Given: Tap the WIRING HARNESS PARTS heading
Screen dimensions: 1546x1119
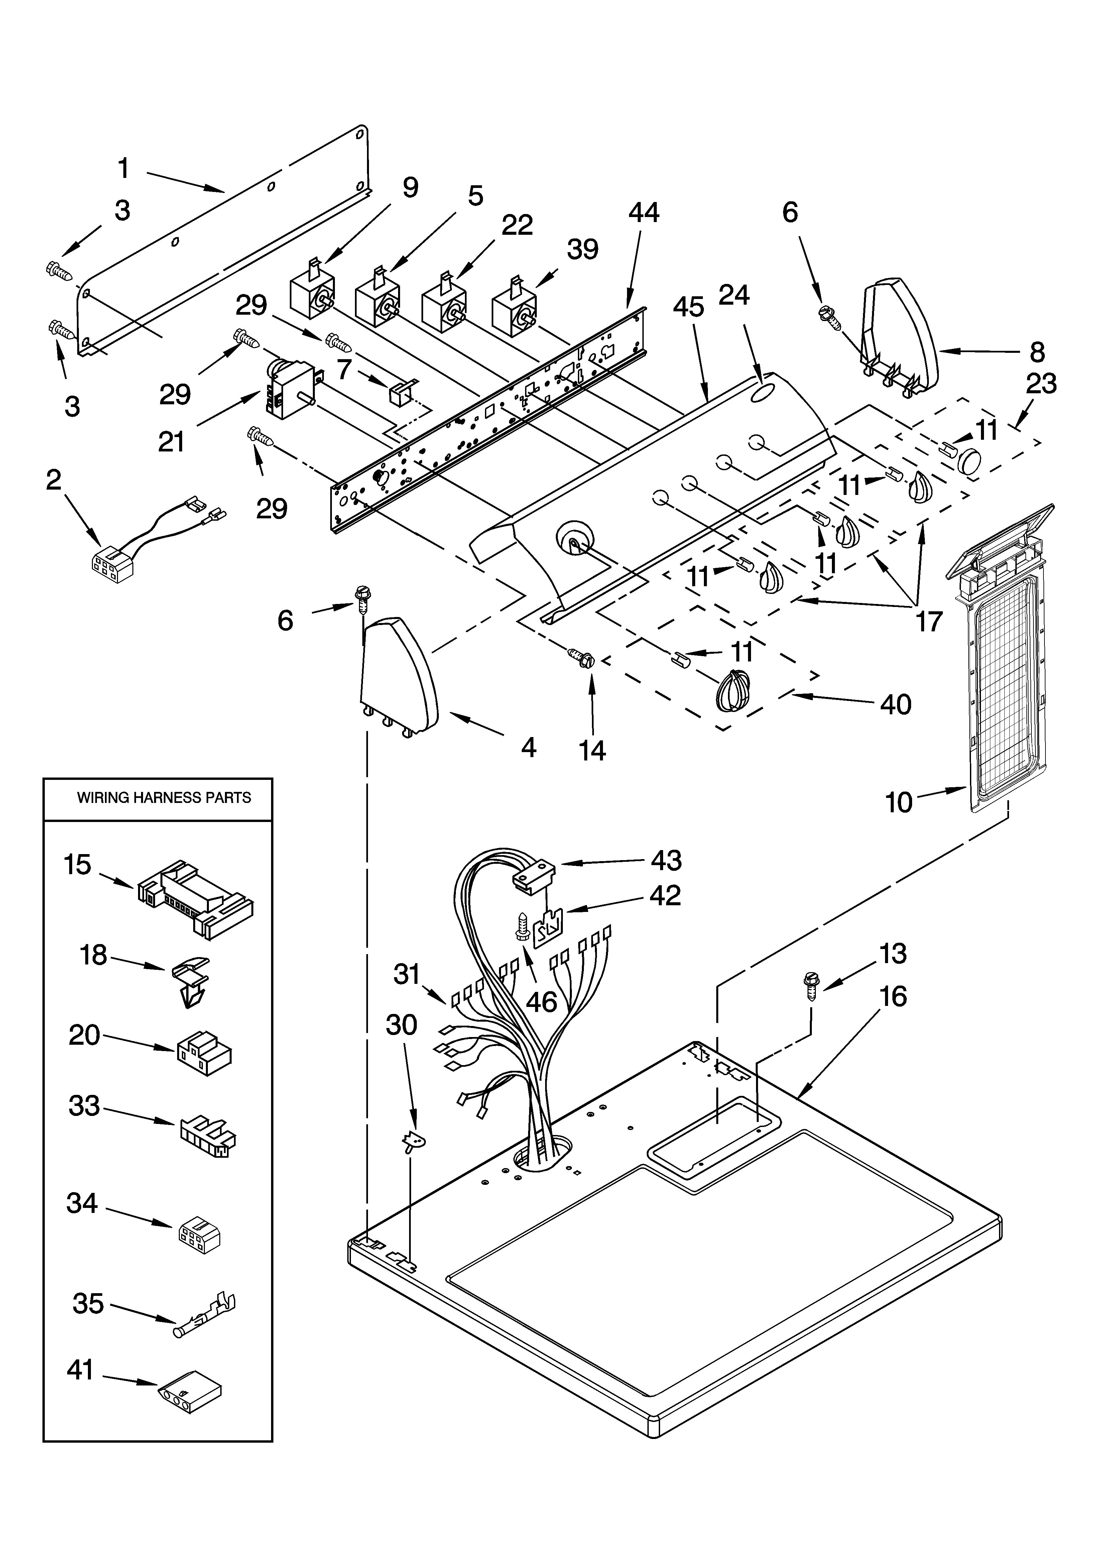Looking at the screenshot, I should coord(163,798).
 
